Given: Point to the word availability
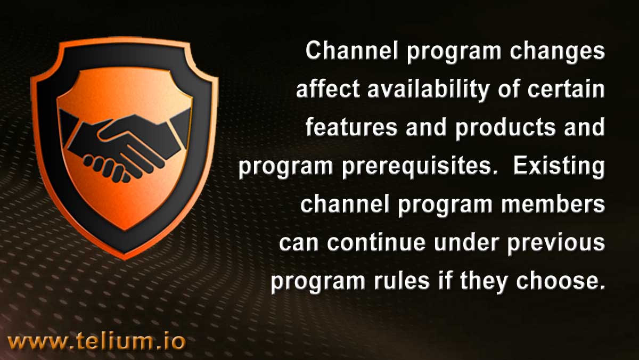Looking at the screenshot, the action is (428, 91).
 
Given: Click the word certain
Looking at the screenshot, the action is (566, 89).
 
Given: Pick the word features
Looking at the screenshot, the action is (351, 127).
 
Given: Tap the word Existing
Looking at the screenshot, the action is (559, 168).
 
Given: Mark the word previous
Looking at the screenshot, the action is (556, 245).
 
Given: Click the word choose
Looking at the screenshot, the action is (560, 281).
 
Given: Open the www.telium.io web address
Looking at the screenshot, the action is (97, 341).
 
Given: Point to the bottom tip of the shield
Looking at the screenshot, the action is (125, 259).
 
